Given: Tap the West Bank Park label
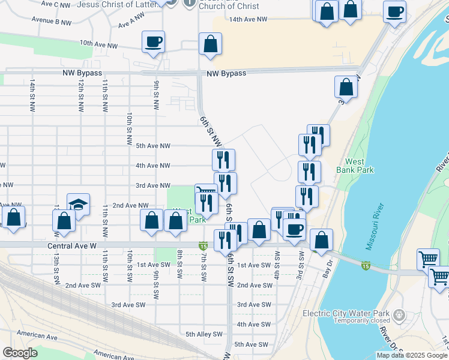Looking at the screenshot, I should pyautogui.click(x=360, y=166).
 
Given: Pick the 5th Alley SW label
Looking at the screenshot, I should pyautogui.click(x=203, y=334).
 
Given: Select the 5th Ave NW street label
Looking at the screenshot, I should pyautogui.click(x=153, y=146).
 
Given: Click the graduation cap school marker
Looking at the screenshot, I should pyautogui.click(x=78, y=205).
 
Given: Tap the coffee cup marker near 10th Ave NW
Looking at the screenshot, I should pyautogui.click(x=153, y=42).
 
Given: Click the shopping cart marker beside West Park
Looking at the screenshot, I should pyautogui.click(x=205, y=191).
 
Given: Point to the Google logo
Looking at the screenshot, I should pyautogui.click(x=20, y=353).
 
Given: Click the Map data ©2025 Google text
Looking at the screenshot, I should pyautogui.click(x=411, y=355).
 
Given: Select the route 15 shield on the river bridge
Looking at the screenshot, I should pyautogui.click(x=366, y=265).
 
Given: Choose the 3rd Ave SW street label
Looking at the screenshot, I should pyautogui.click(x=128, y=305).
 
